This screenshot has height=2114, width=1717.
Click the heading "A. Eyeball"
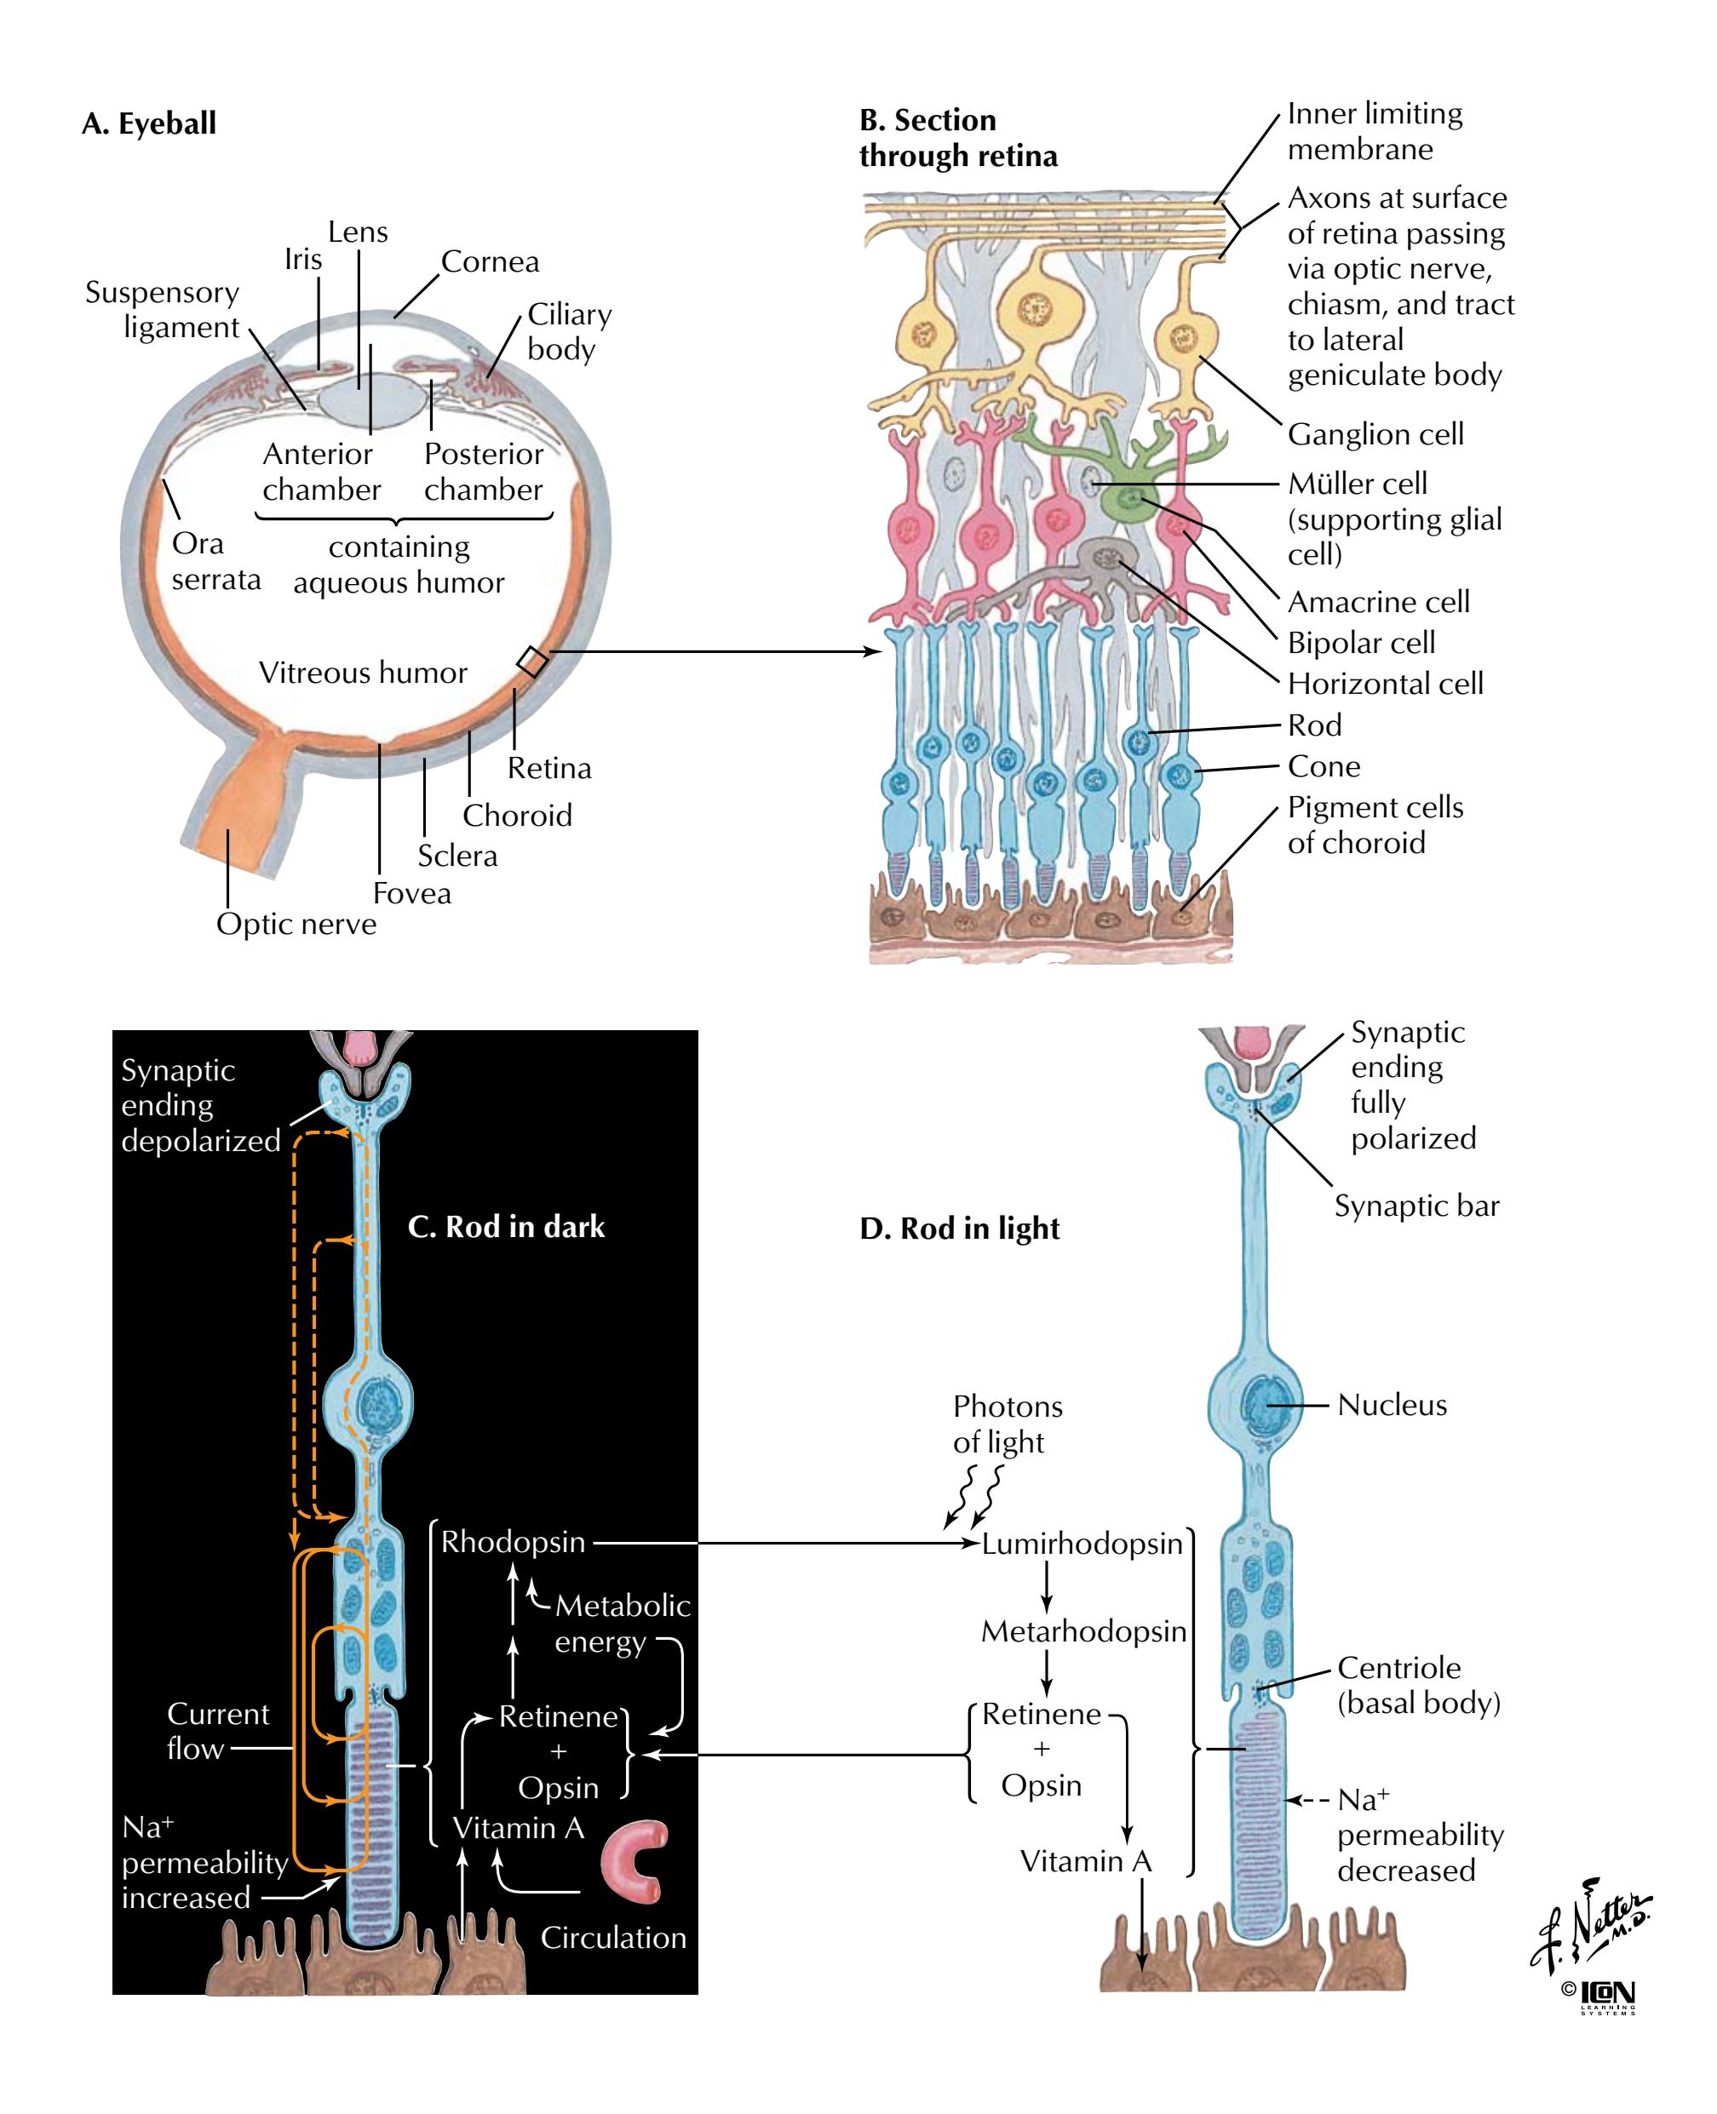coord(149,123)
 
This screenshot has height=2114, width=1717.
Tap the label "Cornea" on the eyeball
coord(490,262)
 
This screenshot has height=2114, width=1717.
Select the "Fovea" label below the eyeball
coord(411,893)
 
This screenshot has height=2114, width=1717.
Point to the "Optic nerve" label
coord(296,924)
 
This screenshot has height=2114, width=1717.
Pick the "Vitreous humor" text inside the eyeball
coord(362,673)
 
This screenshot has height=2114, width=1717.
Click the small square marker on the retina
coord(532,662)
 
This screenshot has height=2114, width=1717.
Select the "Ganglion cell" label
coord(1375,434)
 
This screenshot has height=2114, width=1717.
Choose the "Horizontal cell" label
coord(1385,684)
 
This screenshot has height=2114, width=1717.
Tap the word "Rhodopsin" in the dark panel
coord(513,1543)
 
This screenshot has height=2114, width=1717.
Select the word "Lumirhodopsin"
coord(1082,1544)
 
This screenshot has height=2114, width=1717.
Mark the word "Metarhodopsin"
coord(1083,1631)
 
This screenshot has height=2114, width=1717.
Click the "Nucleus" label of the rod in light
coord(1392,1405)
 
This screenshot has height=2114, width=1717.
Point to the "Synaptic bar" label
coord(1416,1206)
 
